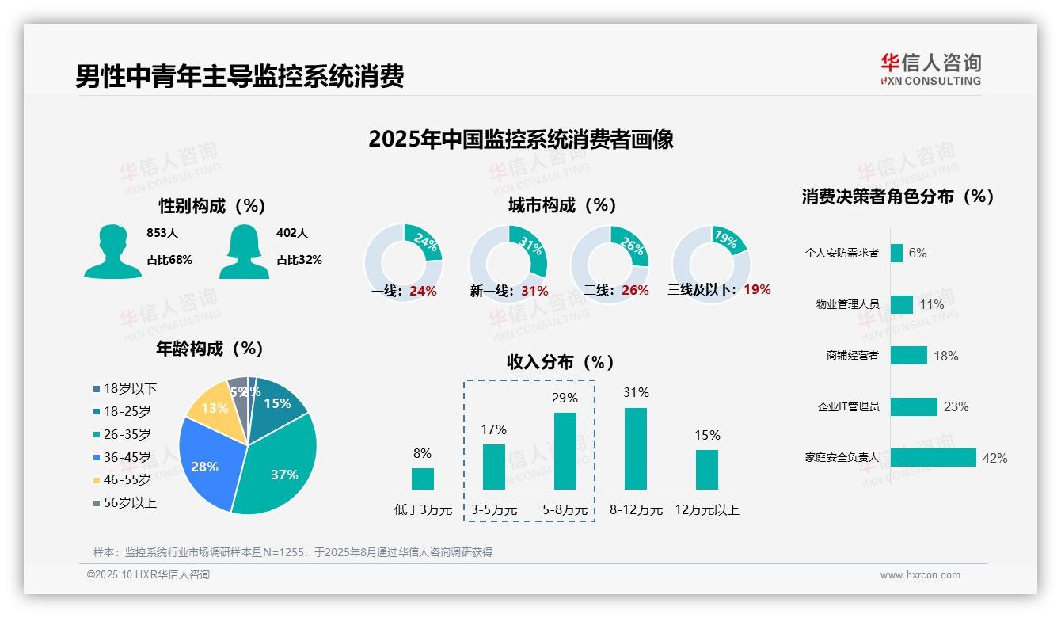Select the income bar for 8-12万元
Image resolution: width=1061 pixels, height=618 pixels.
click(x=636, y=448)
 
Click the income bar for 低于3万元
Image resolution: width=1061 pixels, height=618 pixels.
click(x=423, y=479)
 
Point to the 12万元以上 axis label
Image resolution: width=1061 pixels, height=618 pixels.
click(x=706, y=510)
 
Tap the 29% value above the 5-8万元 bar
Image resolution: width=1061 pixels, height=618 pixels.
click(x=565, y=398)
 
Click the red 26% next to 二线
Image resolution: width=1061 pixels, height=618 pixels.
click(x=635, y=291)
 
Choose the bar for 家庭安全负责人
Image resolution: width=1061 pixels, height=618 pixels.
click(x=933, y=458)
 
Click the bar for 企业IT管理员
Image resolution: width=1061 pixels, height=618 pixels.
click(x=914, y=406)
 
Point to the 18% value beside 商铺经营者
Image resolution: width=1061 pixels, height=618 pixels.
click(x=945, y=356)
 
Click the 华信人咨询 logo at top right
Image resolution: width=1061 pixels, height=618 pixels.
click(x=930, y=69)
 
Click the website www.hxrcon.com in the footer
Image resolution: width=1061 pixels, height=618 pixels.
click(x=920, y=575)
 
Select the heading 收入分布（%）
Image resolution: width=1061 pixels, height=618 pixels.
click(x=561, y=362)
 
